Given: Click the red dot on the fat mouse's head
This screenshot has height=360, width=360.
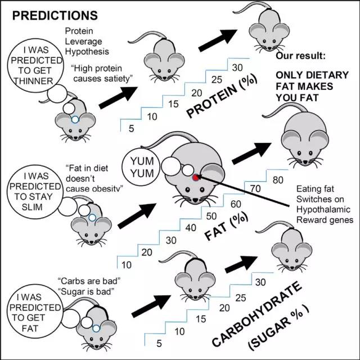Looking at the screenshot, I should click(x=195, y=177).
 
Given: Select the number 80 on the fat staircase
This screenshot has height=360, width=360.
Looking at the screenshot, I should click(x=277, y=180).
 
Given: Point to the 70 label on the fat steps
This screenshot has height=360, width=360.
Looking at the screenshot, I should click(x=255, y=189).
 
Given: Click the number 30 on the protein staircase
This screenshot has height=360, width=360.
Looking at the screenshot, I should click(x=237, y=67).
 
